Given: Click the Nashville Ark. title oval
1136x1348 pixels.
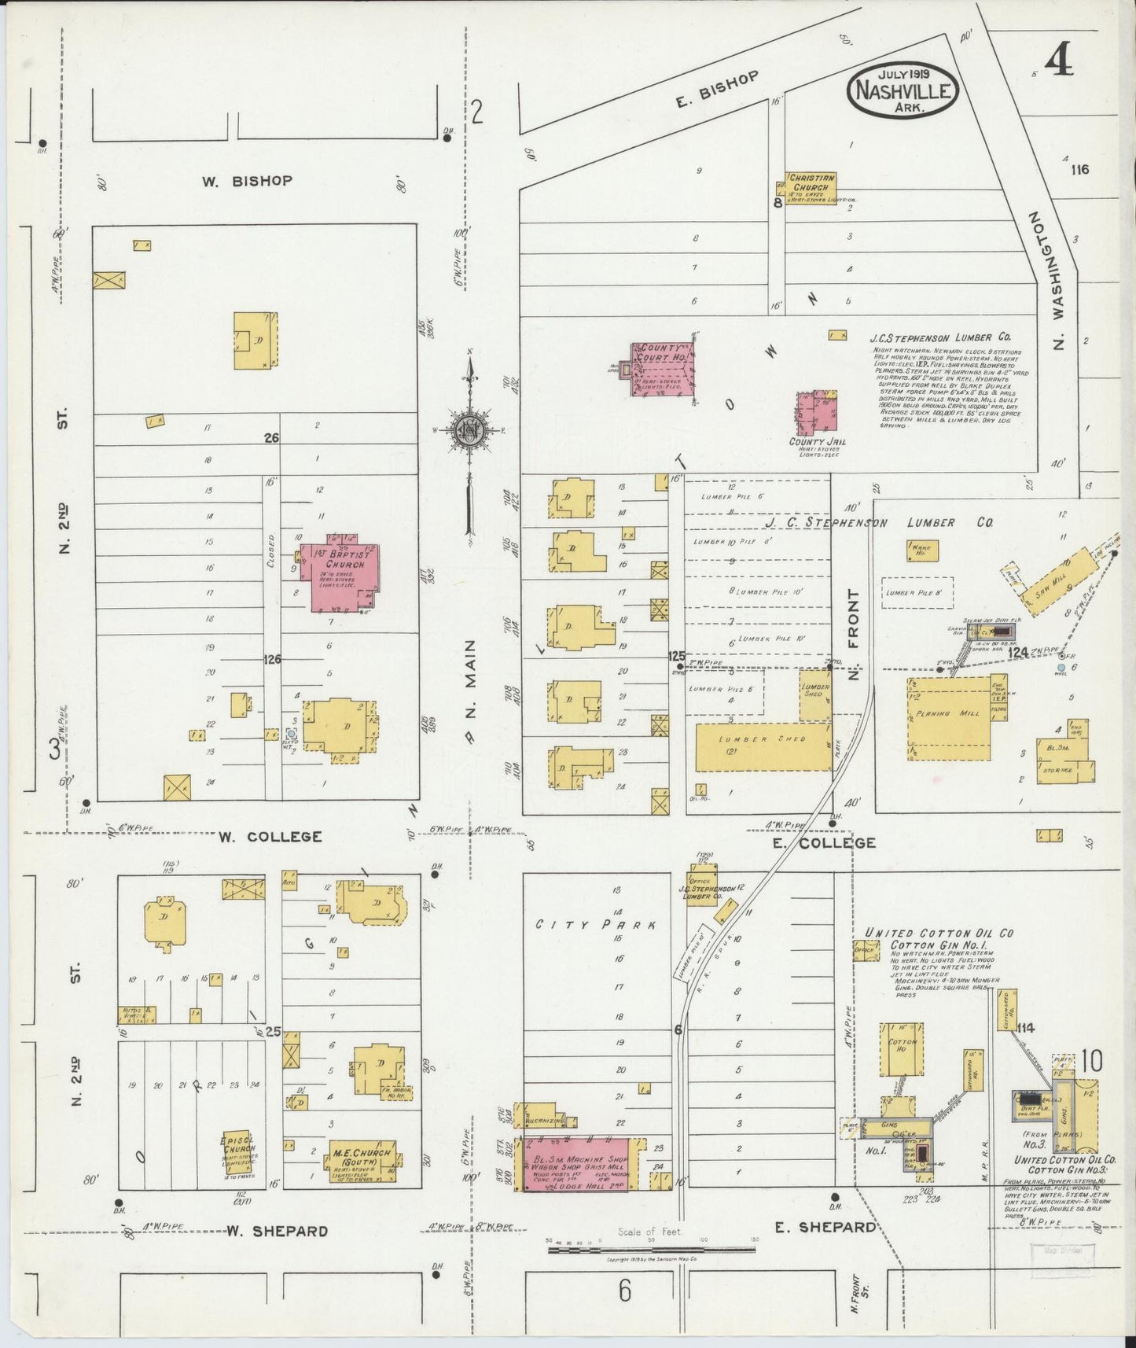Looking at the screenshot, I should point(903,90).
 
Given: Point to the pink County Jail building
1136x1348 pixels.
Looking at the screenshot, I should point(817,414).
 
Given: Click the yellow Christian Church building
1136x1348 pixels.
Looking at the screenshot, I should point(810,189).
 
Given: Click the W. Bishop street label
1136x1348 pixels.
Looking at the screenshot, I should point(247,181).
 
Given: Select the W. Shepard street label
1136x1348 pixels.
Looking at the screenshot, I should point(277,1231).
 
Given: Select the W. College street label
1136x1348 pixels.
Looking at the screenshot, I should point(270,837).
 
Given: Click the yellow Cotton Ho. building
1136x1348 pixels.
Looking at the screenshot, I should point(902,1050).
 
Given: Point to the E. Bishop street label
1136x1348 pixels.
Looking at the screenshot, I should point(716,89).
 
